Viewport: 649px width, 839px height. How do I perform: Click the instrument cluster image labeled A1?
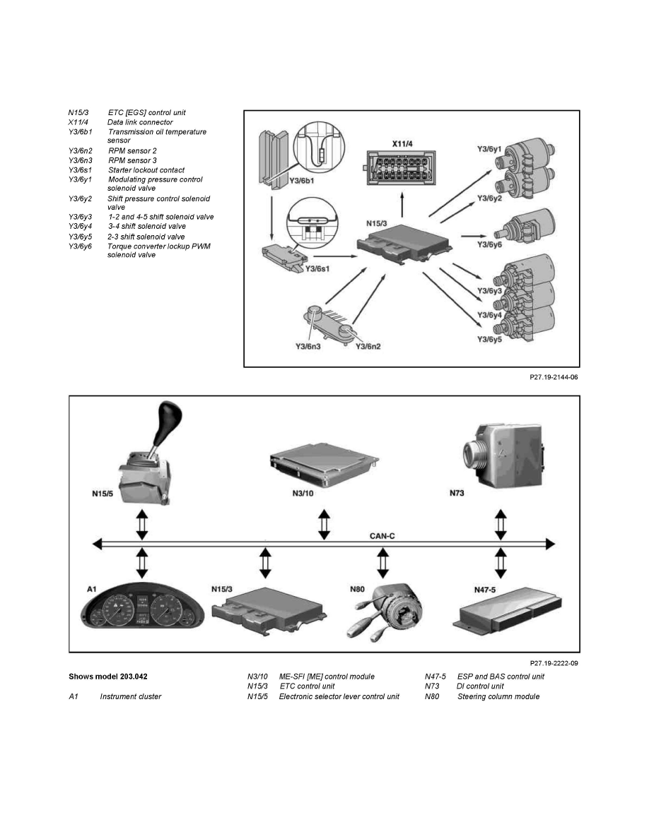[x=142, y=612]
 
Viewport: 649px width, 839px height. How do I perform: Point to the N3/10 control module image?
[x=324, y=462]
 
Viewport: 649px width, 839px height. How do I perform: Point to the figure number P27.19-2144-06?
[x=554, y=378]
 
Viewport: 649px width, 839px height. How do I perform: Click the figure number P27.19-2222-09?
[x=554, y=663]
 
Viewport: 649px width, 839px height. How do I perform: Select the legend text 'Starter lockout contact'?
[x=146, y=170]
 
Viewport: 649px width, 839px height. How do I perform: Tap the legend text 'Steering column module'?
[x=498, y=696]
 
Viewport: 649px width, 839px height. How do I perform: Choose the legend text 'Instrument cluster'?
[x=131, y=696]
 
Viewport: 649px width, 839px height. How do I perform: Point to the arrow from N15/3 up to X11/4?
[x=402, y=208]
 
